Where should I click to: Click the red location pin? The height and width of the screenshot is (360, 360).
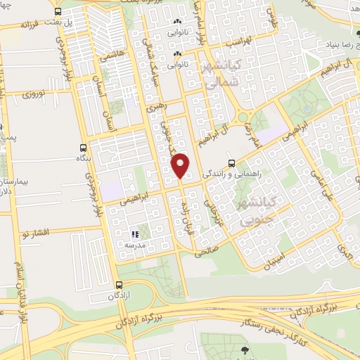[x=181, y=165]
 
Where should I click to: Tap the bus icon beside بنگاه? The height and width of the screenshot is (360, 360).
[x=84, y=148]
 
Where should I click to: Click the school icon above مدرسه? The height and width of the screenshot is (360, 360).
[x=134, y=234]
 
